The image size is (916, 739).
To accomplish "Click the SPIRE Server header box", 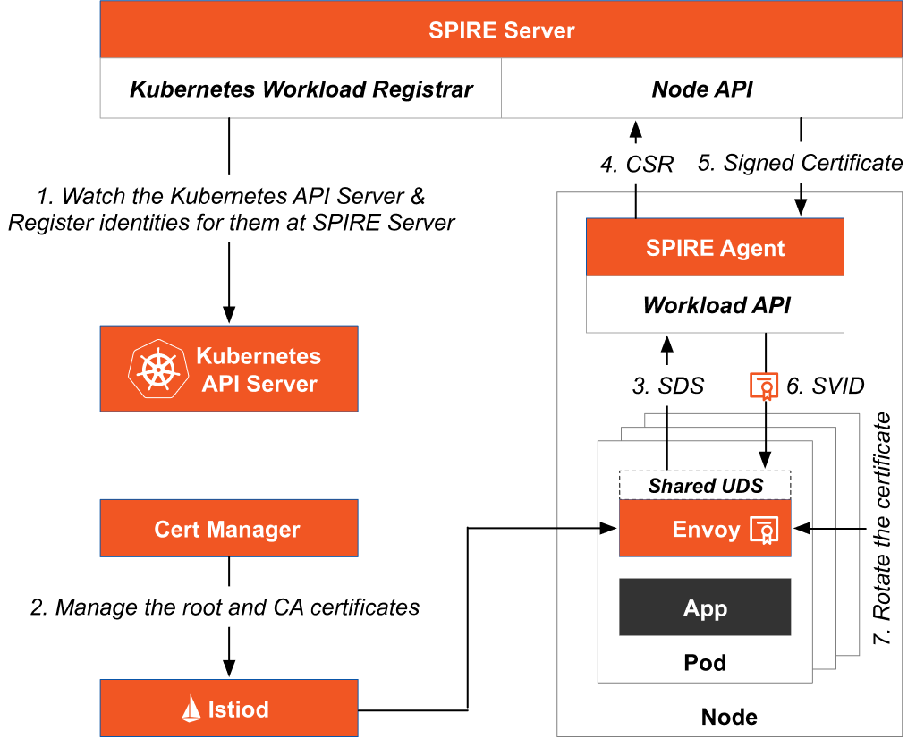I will tap(501, 30).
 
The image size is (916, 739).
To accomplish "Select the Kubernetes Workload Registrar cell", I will tap(301, 89).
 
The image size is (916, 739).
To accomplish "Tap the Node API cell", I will tap(702, 89).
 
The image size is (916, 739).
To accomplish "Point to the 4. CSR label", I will tap(636, 165).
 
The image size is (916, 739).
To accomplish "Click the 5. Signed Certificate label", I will tap(800, 163).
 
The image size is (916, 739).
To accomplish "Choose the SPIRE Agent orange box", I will tap(715, 248).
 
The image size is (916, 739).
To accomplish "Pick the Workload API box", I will tap(715, 305).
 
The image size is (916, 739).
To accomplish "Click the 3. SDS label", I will tap(668, 386).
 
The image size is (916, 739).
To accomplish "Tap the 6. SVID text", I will tap(826, 386).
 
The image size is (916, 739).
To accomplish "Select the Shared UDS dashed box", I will tap(705, 486).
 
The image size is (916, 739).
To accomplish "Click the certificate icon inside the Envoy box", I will tap(765, 530).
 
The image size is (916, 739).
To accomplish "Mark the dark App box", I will tap(705, 608).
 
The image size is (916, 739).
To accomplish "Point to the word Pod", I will tap(705, 663).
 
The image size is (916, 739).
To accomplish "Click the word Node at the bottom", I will tap(729, 717).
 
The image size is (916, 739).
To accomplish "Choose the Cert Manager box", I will tap(228, 529).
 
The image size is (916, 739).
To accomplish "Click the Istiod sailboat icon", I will tap(191, 709).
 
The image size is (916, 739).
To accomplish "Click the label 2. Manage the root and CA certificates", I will tap(225, 607).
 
